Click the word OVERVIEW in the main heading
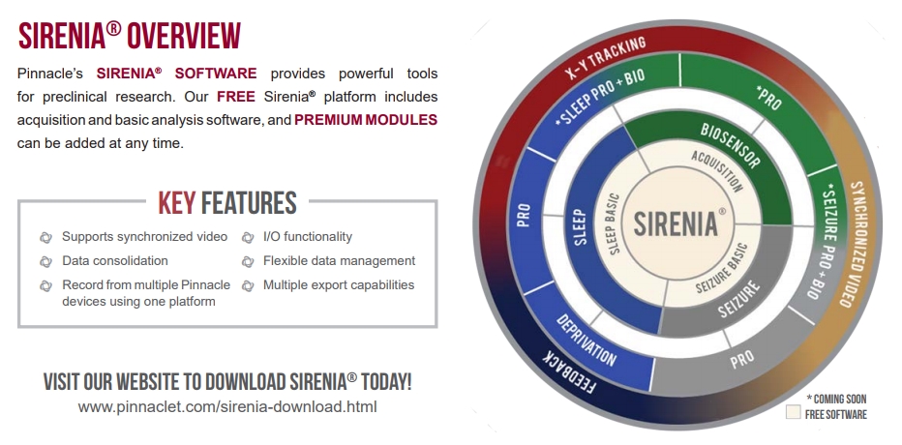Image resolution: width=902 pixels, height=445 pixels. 184,36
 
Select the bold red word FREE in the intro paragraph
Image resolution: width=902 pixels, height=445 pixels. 236,97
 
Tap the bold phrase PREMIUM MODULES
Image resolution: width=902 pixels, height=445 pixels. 366,120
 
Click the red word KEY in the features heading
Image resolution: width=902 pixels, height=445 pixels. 176,202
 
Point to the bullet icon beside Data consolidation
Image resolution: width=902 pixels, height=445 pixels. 46,261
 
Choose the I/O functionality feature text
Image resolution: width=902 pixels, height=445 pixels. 308,236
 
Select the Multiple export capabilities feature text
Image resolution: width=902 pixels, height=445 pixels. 339,284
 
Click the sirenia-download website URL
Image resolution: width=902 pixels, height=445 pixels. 227,407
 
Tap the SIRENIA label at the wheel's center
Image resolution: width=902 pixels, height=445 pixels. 676,223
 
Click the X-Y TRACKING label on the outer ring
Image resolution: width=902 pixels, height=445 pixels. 604,60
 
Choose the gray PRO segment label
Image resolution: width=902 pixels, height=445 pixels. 741,359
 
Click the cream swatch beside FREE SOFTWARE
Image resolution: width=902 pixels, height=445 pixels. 794,412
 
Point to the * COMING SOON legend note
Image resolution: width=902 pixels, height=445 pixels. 836,399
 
